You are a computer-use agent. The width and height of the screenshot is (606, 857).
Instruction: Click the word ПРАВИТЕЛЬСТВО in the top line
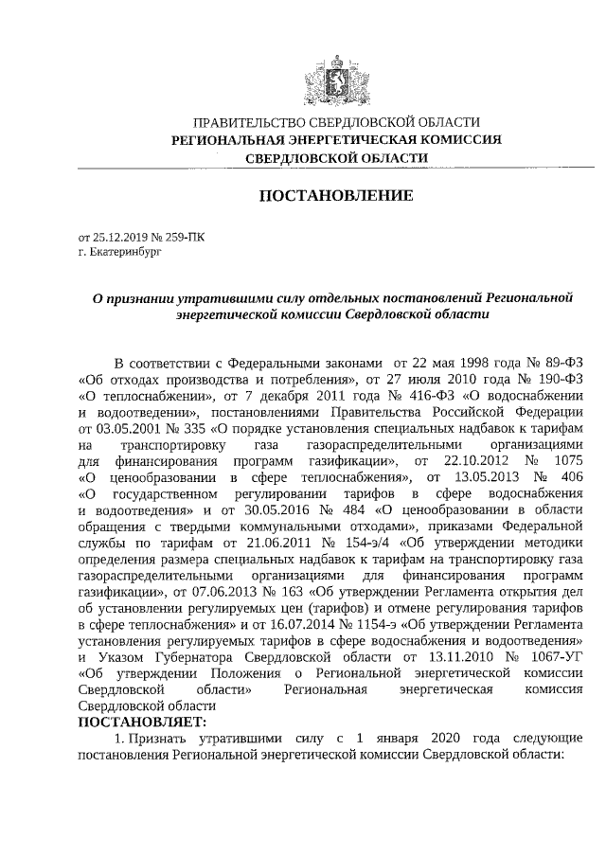pyautogui.click(x=243, y=122)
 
